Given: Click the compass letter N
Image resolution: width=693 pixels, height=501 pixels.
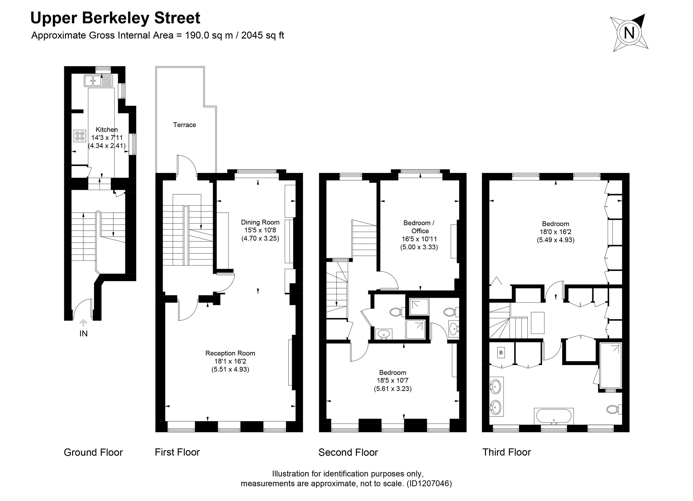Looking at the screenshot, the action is point(629,33).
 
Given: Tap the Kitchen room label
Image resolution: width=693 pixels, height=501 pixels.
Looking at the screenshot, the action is point(107,129).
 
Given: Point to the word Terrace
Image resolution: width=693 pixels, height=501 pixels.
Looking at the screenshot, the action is point(185,125).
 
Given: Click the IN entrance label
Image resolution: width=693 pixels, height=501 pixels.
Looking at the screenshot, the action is point(83,334).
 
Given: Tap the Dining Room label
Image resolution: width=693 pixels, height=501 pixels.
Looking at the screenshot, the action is point(260,222).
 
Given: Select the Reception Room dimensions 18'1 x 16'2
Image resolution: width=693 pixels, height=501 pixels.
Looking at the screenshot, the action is point(230,361).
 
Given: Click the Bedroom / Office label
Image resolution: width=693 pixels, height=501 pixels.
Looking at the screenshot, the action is point(419,227).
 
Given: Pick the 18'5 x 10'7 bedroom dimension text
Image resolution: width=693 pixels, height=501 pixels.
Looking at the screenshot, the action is point(393,380).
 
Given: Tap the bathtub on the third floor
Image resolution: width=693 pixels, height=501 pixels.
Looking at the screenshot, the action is point(554,416).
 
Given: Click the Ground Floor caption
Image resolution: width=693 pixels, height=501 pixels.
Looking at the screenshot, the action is point(93,452).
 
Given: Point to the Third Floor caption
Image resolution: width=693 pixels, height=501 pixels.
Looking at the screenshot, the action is point(507,452).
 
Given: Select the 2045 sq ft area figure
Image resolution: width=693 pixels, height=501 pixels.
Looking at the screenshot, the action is point(263,35).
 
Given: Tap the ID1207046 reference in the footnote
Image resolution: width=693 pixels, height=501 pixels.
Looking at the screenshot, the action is point(429,484).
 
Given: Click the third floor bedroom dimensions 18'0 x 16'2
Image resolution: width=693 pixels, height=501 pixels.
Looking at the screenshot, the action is point(555,232).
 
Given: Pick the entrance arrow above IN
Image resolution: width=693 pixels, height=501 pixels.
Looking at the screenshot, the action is point(83,323).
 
